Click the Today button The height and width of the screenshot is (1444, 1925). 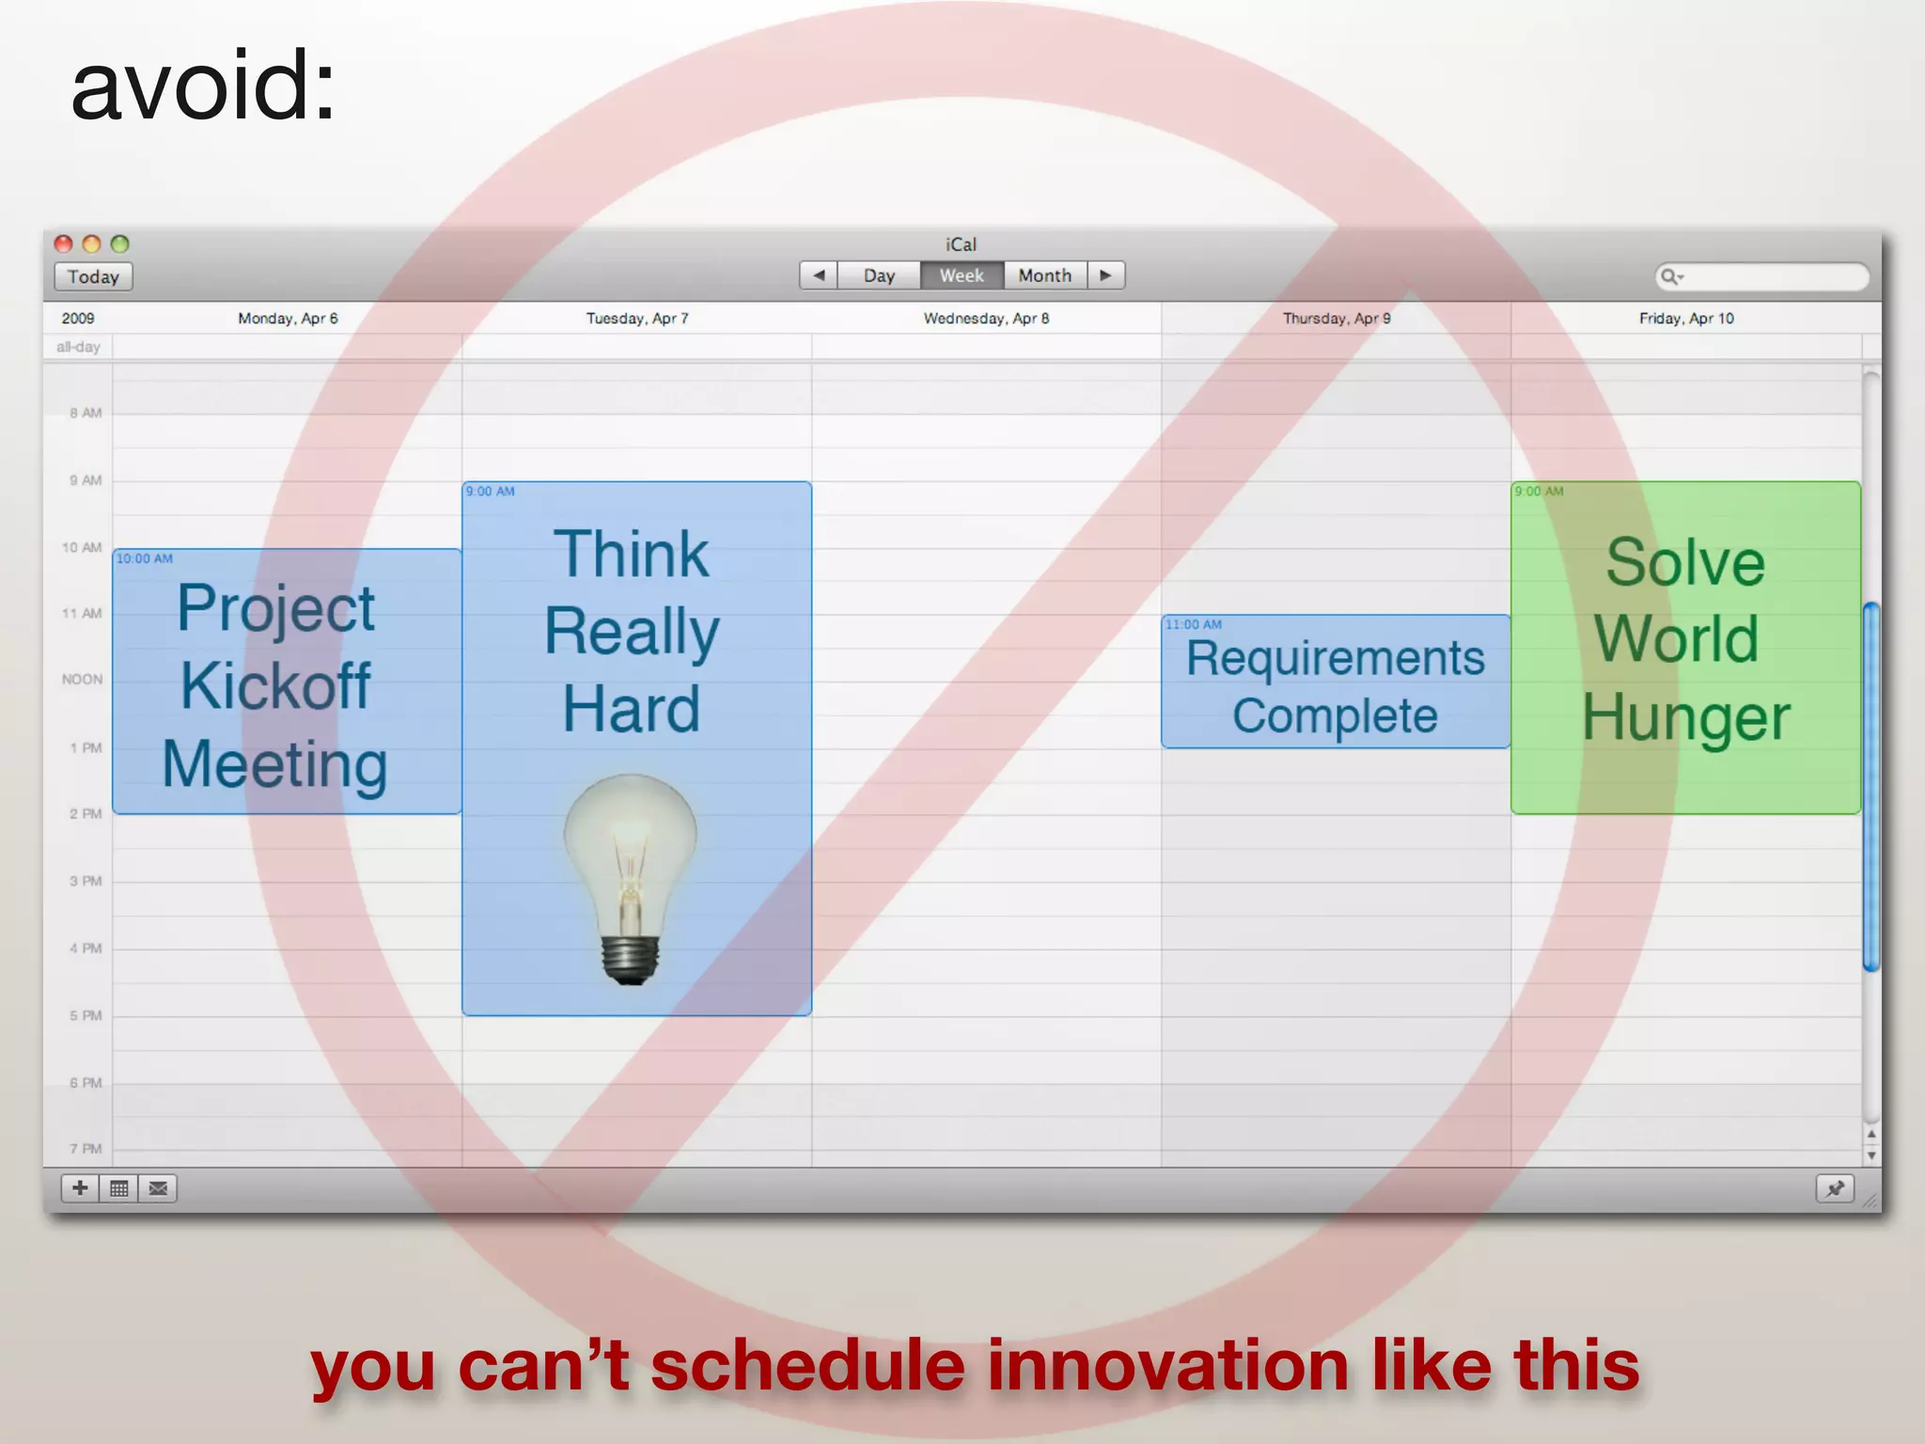click(x=93, y=276)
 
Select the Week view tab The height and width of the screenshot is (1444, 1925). click(x=961, y=275)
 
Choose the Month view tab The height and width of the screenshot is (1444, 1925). click(x=1044, y=275)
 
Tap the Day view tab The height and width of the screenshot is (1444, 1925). click(x=879, y=275)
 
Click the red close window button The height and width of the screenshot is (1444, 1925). click(x=63, y=244)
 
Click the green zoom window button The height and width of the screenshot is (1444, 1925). click(x=119, y=244)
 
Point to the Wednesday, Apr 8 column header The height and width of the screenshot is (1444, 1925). click(x=986, y=319)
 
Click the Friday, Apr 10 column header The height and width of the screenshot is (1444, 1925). click(x=1686, y=319)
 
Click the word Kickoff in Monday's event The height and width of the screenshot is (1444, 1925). click(x=275, y=685)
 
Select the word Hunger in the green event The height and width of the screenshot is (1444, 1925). click(x=1685, y=718)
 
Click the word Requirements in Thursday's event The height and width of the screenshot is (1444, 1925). click(x=1335, y=657)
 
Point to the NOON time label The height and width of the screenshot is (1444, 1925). click(x=82, y=679)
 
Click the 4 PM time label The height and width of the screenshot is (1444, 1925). click(x=85, y=949)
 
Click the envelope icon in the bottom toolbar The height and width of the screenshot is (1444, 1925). click(x=158, y=1188)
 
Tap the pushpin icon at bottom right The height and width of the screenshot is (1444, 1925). click(x=1834, y=1188)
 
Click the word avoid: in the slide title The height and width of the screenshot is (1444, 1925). click(x=203, y=86)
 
